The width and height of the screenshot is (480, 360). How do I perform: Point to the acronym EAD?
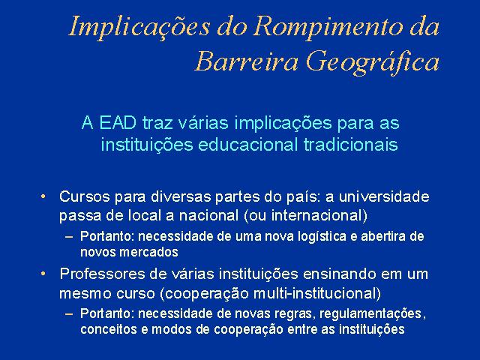point(118,123)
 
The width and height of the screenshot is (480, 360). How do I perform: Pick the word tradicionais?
point(351,145)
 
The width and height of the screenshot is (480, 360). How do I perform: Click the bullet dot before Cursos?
point(43,196)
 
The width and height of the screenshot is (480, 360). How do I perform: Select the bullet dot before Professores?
point(43,273)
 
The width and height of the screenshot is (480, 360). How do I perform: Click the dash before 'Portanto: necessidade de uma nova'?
point(69,237)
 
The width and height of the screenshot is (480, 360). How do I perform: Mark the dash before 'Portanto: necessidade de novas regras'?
point(69,313)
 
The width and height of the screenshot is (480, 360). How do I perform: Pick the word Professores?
point(102,274)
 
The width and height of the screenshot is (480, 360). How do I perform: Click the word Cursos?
point(85,196)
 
